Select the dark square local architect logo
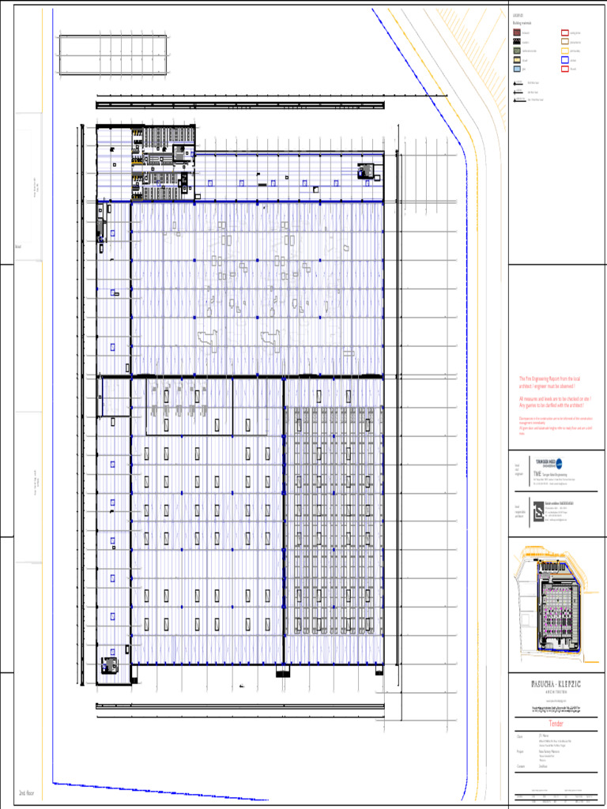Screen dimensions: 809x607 [538, 514]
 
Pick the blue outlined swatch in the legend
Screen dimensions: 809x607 [564, 60]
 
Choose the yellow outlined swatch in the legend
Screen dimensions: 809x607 [564, 51]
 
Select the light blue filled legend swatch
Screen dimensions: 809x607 [516, 70]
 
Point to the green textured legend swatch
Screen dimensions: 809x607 [516, 51]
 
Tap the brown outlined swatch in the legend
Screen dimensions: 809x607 [564, 41]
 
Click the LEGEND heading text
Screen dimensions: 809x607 [518, 15]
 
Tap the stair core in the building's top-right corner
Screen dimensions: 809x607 [367, 171]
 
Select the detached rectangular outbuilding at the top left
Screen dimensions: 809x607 [111, 55]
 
